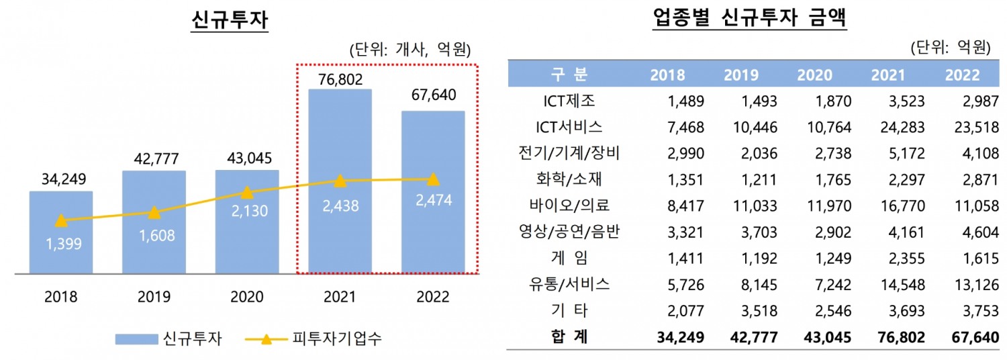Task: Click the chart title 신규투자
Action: point(230,19)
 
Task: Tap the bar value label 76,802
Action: point(340,79)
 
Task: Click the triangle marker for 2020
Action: point(247,193)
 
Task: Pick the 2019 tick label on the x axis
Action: point(154,297)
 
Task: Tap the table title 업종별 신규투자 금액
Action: point(750,19)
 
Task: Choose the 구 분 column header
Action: point(565,75)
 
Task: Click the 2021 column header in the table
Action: point(888,75)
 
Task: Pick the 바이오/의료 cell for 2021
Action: point(902,206)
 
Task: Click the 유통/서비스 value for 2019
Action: point(759,284)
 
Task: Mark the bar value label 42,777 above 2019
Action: point(154,161)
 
